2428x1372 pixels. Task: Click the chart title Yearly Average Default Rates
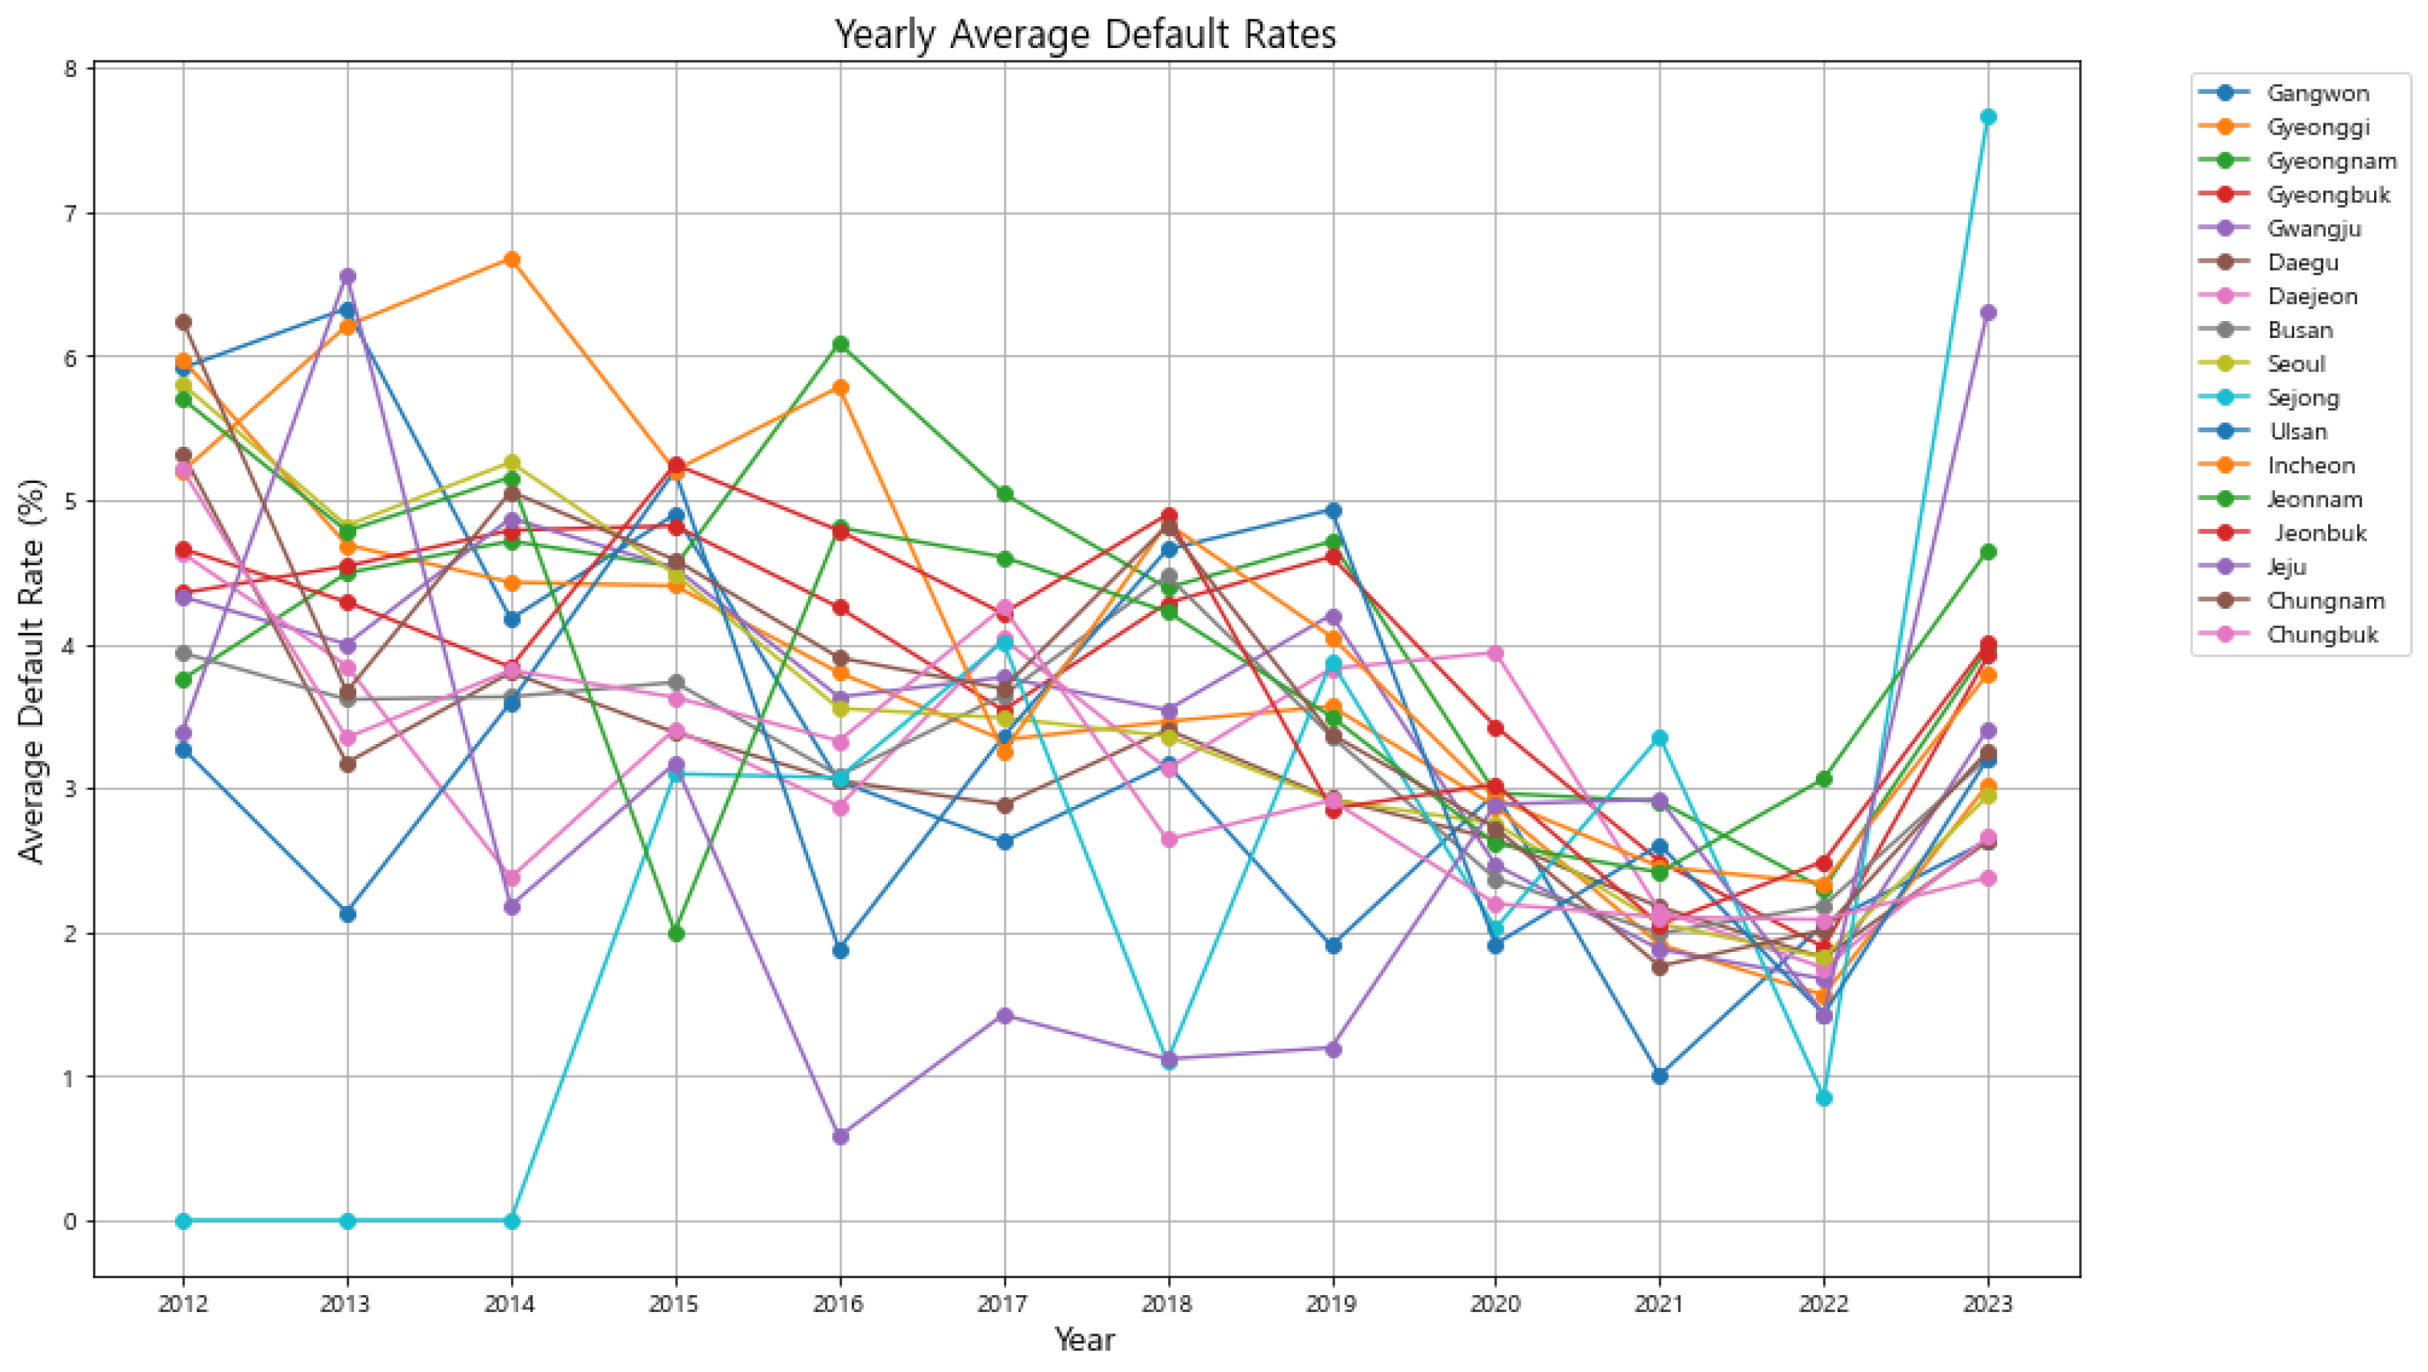[1085, 35]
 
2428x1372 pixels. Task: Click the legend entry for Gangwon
[2317, 93]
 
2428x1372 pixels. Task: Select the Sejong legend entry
[2302, 398]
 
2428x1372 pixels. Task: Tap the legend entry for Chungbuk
[2322, 635]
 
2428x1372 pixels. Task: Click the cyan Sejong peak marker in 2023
[1988, 117]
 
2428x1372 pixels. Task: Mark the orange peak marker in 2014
[512, 260]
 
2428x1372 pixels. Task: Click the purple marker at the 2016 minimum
[841, 1136]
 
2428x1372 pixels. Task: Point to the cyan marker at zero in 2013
[347, 1221]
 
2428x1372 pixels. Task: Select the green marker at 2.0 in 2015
[676, 933]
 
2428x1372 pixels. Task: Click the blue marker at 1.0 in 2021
[1660, 1076]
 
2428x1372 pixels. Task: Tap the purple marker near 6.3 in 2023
[1988, 313]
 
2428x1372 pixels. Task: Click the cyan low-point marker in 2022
[1824, 1098]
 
